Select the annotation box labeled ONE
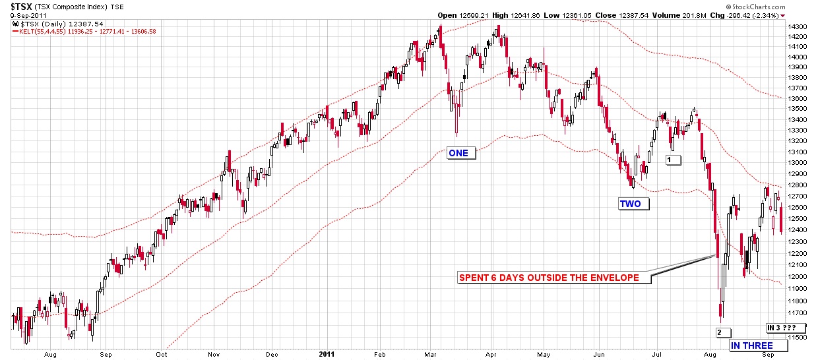458,153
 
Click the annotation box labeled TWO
629,204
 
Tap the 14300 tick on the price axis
800,26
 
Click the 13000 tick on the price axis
800,162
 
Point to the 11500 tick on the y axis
800,338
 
